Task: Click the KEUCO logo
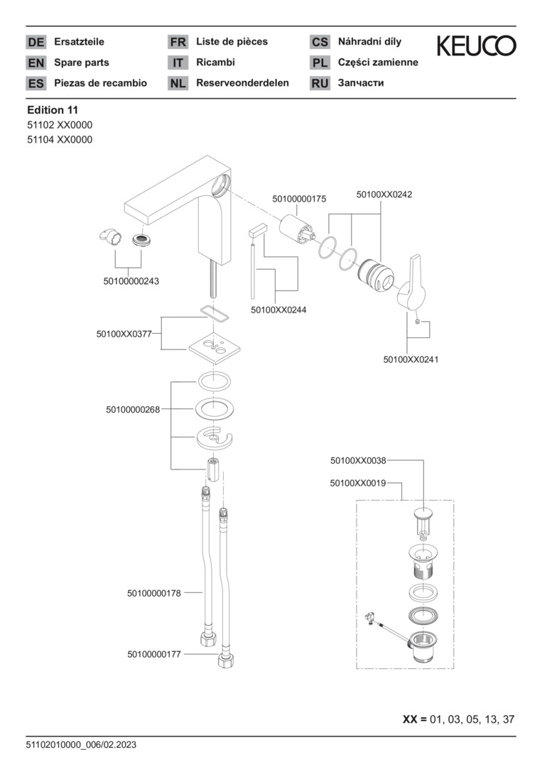click(476, 46)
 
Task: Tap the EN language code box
click(36, 62)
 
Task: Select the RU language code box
click(320, 83)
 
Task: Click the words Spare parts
click(82, 62)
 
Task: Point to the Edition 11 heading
click(53, 110)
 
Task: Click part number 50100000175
click(299, 200)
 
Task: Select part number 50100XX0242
click(384, 193)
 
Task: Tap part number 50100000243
click(131, 281)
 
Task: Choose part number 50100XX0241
click(411, 359)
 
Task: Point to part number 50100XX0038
click(358, 460)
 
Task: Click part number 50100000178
click(154, 592)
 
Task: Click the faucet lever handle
click(411, 284)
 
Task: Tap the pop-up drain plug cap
click(425, 513)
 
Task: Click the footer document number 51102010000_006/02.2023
click(81, 745)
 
